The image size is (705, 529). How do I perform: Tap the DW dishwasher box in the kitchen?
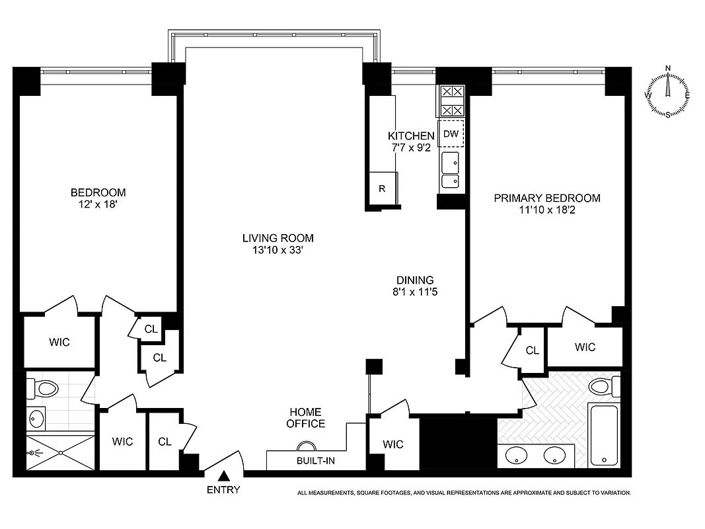(x=451, y=134)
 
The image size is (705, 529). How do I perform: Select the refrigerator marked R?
(x=382, y=188)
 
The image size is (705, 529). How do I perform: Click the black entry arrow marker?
(x=224, y=475)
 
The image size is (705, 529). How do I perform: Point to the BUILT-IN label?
(x=315, y=460)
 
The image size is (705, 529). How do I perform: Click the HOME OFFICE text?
(x=305, y=417)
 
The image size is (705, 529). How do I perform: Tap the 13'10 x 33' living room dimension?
(x=278, y=250)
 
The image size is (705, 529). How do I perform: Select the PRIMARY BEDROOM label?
(x=547, y=198)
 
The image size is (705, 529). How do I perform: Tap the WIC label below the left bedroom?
(x=59, y=342)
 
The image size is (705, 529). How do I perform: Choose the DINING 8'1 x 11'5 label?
(x=415, y=286)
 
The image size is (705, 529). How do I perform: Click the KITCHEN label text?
(x=410, y=136)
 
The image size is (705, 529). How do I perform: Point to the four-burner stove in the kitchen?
(x=452, y=101)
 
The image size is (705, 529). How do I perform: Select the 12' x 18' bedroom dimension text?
(x=98, y=205)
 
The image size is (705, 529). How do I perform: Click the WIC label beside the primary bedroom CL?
(x=585, y=346)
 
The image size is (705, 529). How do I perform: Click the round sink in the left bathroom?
(x=38, y=418)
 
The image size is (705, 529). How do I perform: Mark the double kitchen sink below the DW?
(x=451, y=171)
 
